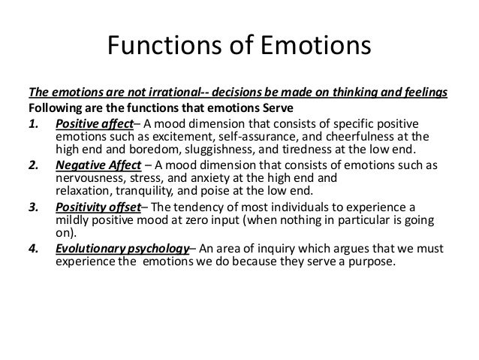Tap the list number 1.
[x=33, y=123]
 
